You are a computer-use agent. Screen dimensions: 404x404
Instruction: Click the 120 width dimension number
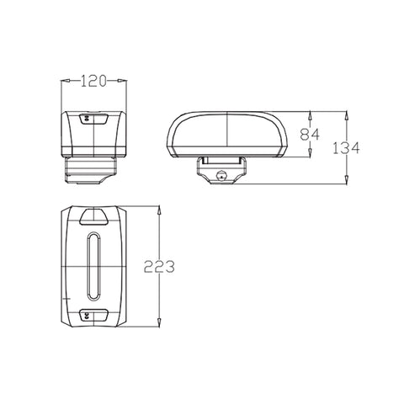pos(93,81)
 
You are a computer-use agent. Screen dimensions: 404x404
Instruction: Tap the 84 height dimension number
pos(310,135)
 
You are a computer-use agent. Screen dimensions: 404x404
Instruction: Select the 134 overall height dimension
pos(346,148)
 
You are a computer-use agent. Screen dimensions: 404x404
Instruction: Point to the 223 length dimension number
pos(159,267)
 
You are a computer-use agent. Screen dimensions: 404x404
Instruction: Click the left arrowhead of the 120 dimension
pos(65,81)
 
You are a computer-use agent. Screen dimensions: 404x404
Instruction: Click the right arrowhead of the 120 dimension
pos(122,81)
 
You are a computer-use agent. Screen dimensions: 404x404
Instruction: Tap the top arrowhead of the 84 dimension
pos(310,116)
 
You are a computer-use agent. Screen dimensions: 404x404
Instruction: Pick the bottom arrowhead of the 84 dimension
pos(310,152)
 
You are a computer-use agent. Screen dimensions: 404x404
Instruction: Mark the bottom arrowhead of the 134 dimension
pos(347,180)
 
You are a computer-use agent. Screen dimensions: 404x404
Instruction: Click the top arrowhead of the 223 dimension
pos(159,210)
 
